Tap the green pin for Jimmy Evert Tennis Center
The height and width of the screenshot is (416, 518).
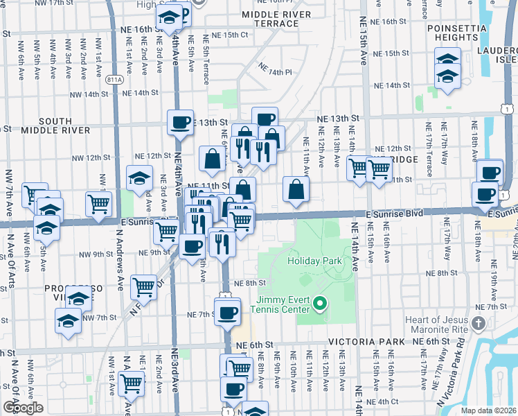320,303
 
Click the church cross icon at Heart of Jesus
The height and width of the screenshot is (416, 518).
477,322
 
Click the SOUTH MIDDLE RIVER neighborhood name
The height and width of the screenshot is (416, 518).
55,125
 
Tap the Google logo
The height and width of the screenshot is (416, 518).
23,408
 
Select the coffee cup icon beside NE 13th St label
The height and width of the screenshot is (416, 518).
180,123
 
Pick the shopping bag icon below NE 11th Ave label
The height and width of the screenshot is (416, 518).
296,189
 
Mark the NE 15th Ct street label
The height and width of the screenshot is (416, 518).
230,35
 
